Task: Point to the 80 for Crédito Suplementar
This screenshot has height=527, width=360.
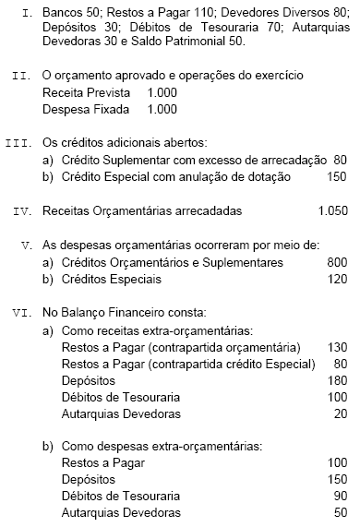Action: (340, 160)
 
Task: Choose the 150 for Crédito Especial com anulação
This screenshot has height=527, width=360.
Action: (336, 176)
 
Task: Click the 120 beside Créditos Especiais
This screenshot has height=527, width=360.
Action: (336, 278)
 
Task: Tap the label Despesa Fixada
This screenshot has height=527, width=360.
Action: (85, 109)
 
